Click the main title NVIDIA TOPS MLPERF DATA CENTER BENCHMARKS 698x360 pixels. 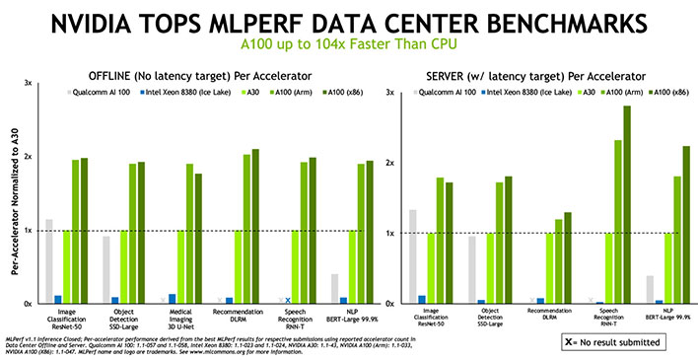coord(348,22)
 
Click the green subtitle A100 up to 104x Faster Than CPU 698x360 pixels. coord(348,44)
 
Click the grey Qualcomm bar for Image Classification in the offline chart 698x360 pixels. coord(49,261)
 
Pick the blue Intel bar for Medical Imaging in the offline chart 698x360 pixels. coord(173,298)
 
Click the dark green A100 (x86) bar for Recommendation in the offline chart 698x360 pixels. coord(255,226)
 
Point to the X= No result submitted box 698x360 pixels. coord(609,341)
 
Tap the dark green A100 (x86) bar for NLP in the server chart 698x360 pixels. coord(684,224)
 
